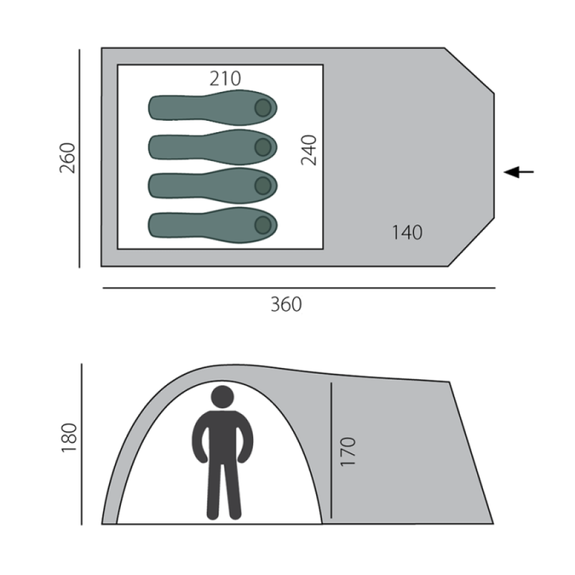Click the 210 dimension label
pos(225,78)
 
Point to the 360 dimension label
pos(286,304)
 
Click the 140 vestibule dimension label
pos(407,233)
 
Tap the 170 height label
pos(348,451)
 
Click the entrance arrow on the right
pos(519,171)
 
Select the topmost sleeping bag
pos(213,108)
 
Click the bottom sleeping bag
pos(213,225)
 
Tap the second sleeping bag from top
pos(213,147)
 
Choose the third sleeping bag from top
pos(213,186)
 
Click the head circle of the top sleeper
pos(263,108)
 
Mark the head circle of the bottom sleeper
pos(263,225)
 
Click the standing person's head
pos(223,397)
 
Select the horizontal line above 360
pos(299,287)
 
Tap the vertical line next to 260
pos(80,158)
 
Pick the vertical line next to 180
pos(83,444)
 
